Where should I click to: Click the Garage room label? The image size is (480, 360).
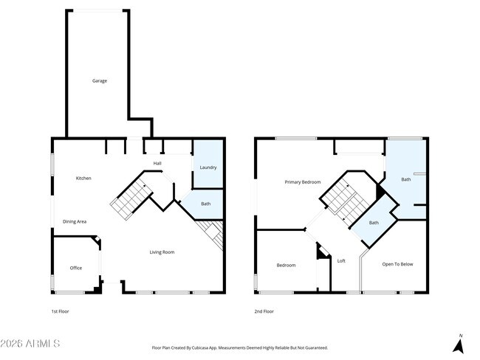pos(99,80)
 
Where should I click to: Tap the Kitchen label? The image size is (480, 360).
pos(83,178)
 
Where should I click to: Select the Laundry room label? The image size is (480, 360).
pos(208,167)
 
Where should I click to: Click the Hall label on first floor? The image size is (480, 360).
pos(157,163)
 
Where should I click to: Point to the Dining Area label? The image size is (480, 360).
pos(75,221)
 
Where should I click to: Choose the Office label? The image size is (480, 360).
pos(75,268)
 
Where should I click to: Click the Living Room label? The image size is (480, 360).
pos(162,252)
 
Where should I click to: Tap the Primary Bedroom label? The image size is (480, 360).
pos(303,181)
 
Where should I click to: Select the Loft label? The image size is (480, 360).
pos(341,260)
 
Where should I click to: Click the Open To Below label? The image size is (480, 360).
pos(397,263)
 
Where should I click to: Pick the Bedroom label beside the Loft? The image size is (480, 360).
pos(286,266)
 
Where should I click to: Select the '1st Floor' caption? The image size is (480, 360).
pos(60,311)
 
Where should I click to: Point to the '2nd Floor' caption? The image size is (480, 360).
pos(264,311)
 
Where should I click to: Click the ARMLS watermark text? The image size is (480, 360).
pos(31,344)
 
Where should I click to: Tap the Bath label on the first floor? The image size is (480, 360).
pos(205,204)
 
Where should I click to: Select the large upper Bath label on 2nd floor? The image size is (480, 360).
pos(405,179)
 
